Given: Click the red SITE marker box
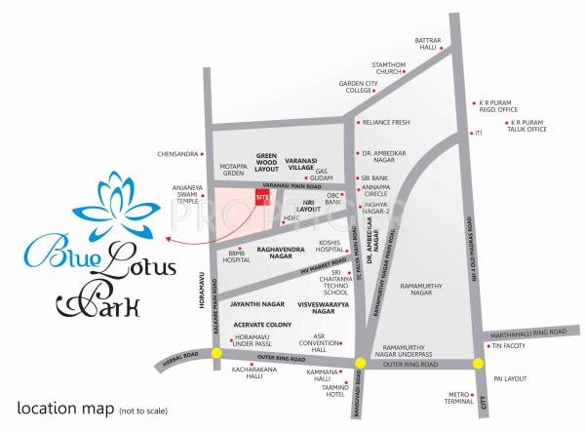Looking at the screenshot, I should pyautogui.click(x=261, y=197).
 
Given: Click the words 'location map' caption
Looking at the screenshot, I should pyautogui.click(x=60, y=407).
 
